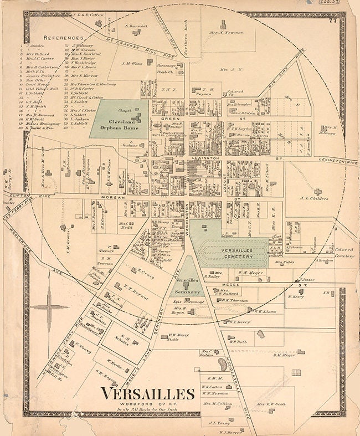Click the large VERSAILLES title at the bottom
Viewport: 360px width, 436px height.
(x=147, y=394)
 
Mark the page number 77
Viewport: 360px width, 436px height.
(x=332, y=21)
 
